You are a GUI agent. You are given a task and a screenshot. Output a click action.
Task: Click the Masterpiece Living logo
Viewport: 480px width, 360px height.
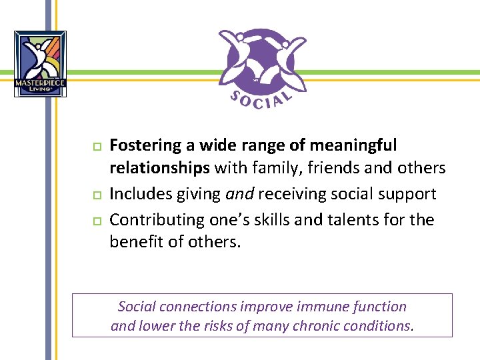point(40,64)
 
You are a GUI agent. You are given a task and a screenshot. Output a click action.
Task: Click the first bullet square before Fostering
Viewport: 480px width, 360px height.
point(96,146)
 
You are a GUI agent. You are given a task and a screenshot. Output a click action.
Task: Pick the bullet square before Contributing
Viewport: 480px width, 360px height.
point(96,220)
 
